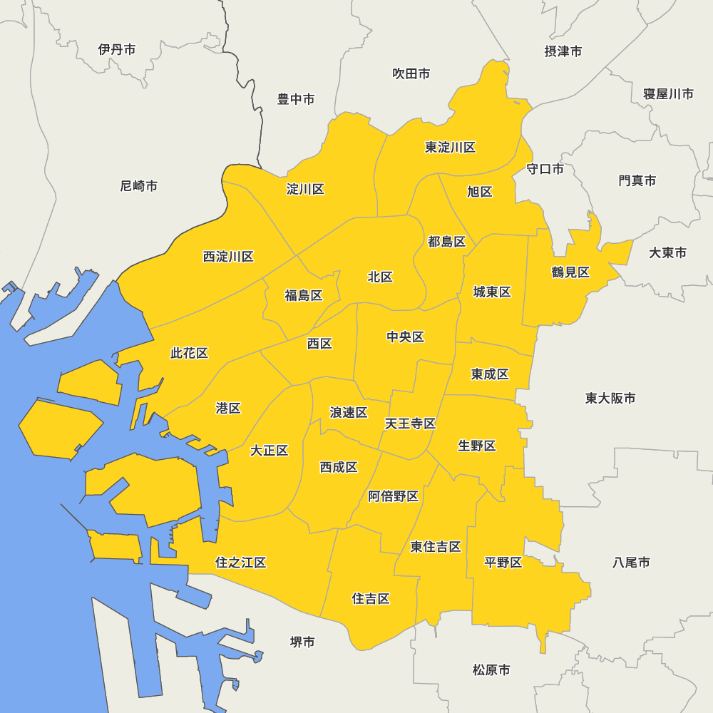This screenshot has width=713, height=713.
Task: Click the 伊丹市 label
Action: coord(117,49)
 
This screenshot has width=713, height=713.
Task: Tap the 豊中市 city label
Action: coord(296,99)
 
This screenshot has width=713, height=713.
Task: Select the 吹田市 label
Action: coord(411,73)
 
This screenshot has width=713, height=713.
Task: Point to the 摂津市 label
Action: coord(563,51)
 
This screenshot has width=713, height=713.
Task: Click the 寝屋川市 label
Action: coord(668,94)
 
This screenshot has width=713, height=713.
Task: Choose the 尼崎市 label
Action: coord(139,186)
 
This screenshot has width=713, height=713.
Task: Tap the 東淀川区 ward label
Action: coord(451,148)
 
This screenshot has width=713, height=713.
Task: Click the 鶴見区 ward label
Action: coord(570,272)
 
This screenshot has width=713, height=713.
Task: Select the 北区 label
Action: coord(380,277)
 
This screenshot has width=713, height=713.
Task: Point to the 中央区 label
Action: coord(406,337)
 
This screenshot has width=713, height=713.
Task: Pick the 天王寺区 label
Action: coord(411,424)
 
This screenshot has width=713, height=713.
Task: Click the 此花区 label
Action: coord(190,353)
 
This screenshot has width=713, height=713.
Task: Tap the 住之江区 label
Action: coord(241,563)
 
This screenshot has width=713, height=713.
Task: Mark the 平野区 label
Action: coord(503,563)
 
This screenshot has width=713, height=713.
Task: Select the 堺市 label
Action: coord(302,642)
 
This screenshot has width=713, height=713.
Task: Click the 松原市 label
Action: coord(491,670)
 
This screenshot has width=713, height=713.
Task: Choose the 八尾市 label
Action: coord(632,563)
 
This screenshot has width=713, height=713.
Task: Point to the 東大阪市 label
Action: coord(610,398)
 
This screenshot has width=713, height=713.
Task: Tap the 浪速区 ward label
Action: coord(349,412)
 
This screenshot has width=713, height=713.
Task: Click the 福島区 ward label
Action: coord(304,295)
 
